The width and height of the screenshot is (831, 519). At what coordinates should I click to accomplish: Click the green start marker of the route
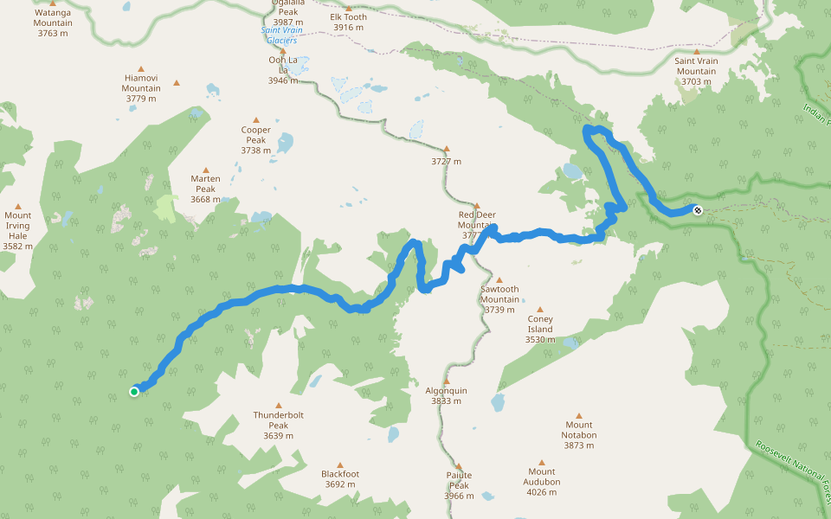pyautogui.click(x=134, y=392)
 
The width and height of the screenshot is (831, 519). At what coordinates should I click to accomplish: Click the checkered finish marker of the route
pyautogui.click(x=698, y=209)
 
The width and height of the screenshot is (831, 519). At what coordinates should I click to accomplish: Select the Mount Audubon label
pyautogui.click(x=542, y=482)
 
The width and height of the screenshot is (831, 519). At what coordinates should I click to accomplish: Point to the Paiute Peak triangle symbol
pyautogui.click(x=459, y=465)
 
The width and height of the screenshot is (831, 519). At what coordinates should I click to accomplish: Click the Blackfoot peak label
pyautogui.click(x=339, y=479)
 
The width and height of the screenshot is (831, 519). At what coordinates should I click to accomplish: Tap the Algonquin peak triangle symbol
pyautogui.click(x=447, y=381)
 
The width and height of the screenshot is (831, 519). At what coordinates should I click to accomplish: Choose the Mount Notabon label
pyautogui.click(x=579, y=430)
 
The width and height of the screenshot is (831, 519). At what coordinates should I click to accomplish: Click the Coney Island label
pyautogui.click(x=540, y=329)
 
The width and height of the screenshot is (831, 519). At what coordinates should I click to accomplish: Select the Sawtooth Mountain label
pyautogui.click(x=499, y=299)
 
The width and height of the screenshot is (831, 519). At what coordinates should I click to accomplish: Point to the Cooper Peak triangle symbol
pyautogui.click(x=256, y=120)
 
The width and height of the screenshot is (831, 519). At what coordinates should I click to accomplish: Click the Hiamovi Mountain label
pyautogui.click(x=141, y=87)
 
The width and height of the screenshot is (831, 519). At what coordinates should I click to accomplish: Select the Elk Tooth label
pyautogui.click(x=348, y=22)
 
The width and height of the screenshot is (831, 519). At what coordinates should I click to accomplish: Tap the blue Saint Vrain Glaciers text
pyautogui.click(x=280, y=35)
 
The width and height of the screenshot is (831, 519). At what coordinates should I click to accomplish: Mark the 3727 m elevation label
pyautogui.click(x=447, y=162)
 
